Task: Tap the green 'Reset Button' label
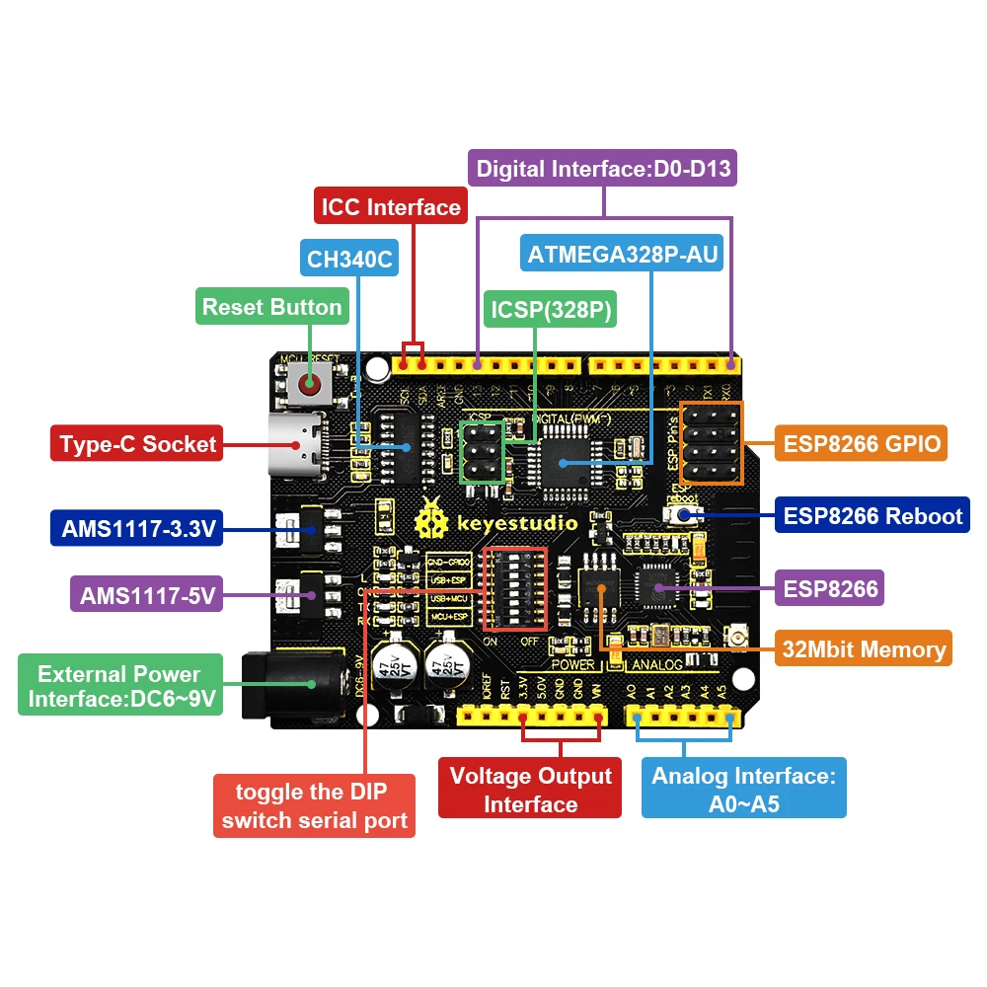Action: point(271,307)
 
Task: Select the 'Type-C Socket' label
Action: point(137,444)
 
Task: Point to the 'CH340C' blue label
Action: point(349,261)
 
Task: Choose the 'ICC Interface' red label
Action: point(391,207)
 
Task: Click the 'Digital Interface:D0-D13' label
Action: point(603,169)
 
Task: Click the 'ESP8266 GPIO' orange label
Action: point(861,442)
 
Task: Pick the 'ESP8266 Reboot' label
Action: point(873,515)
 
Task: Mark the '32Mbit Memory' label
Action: point(863,648)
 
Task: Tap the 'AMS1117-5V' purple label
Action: point(146,595)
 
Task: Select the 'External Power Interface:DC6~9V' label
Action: point(119,687)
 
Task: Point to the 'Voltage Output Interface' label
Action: point(530,790)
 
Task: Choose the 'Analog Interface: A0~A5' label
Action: point(743,790)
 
